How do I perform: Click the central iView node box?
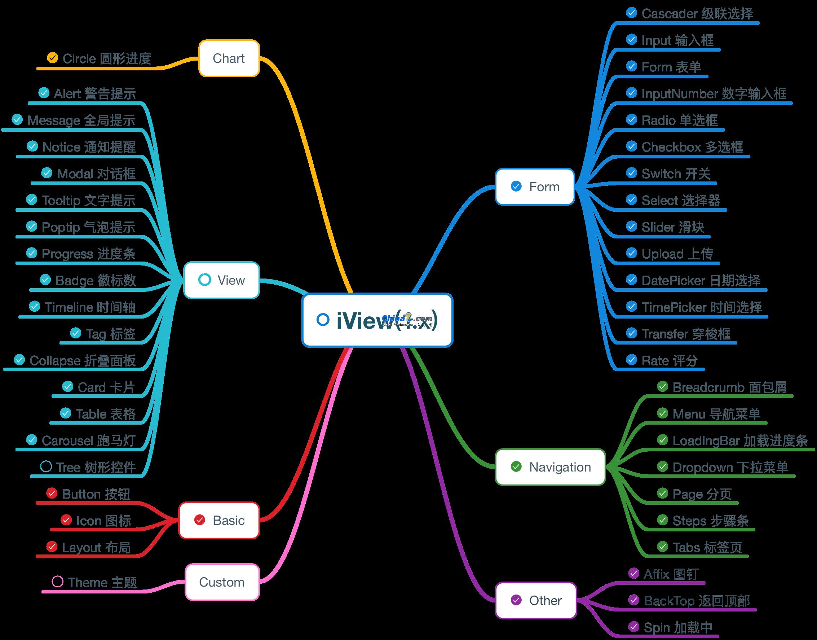[x=377, y=320]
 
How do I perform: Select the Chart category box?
[x=229, y=58]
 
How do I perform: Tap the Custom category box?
[x=222, y=582]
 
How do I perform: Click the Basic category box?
[x=219, y=520]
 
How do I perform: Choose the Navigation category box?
[x=550, y=467]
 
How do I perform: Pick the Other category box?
[x=536, y=600]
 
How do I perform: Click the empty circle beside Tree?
[x=46, y=466]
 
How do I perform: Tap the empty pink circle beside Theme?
[x=57, y=582]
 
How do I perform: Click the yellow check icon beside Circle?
[x=52, y=58]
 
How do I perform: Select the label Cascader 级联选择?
[x=697, y=13]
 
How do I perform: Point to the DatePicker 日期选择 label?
[x=701, y=280]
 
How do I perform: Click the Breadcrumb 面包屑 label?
[x=729, y=387]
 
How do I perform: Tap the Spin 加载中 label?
[x=678, y=627]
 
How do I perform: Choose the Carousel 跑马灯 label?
[x=88, y=440]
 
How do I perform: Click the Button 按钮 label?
[x=96, y=494]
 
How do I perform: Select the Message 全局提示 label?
[x=81, y=120]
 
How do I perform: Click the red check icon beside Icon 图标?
[x=66, y=520]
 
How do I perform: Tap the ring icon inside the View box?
[x=204, y=280]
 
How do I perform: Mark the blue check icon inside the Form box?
[x=516, y=186]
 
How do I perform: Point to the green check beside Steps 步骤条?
[x=662, y=520]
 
